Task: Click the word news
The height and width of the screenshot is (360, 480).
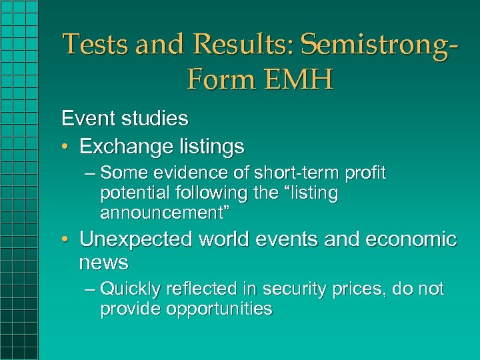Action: click(103, 263)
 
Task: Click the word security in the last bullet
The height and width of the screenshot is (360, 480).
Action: click(293, 289)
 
